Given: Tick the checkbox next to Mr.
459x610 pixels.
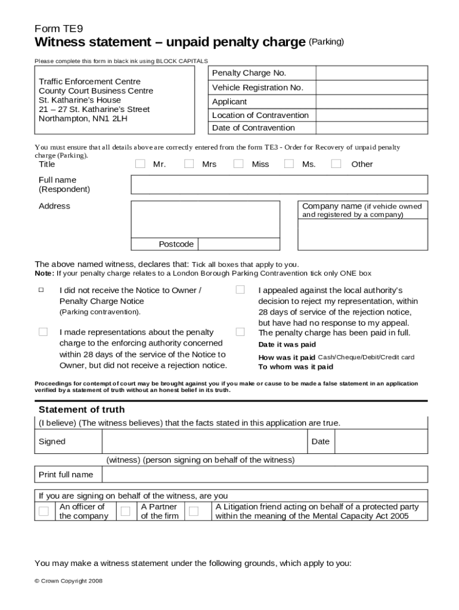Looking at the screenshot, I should [140, 164].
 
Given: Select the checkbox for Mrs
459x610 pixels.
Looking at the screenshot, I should [189, 164].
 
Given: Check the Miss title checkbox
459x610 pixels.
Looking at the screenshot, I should [238, 164].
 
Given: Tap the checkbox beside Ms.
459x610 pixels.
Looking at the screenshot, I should [289, 164].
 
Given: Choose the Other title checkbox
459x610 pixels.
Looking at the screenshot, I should [336, 164].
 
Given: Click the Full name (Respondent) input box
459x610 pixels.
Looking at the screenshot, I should [279, 185].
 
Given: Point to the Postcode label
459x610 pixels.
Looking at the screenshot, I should [176, 244].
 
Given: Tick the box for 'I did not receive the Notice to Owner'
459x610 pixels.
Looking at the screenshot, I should [42, 290].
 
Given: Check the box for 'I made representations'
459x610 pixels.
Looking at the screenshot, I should [43, 332].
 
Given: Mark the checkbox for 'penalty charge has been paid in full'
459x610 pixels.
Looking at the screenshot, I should [240, 332].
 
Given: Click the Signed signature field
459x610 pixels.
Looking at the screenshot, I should [204, 442].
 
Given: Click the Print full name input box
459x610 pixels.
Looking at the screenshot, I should [265, 474].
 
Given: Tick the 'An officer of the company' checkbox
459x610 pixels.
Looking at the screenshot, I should [44, 511].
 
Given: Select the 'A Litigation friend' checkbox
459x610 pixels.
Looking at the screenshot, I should [194, 511].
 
